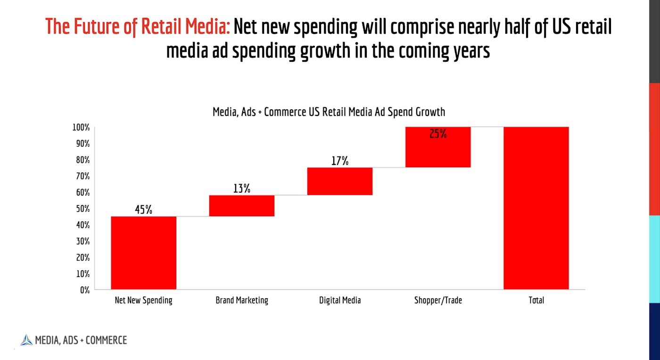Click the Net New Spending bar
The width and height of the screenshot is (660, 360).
tap(143, 253)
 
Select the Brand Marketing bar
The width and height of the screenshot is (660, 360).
tap(241, 206)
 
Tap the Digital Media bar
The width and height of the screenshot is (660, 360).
tap(339, 181)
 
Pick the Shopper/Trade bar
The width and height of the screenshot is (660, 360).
tap(437, 147)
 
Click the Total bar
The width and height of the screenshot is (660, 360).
tap(536, 208)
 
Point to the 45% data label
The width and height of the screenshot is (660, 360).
tap(143, 210)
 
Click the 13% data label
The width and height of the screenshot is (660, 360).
tap(241, 189)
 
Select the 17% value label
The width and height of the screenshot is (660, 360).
tap(339, 161)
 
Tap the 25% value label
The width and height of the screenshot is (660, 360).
tap(437, 134)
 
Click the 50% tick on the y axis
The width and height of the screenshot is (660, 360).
tap(82, 209)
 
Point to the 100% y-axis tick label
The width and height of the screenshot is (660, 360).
tap(81, 127)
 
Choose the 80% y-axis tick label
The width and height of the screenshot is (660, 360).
tap(82, 160)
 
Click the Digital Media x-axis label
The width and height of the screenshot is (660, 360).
tap(339, 300)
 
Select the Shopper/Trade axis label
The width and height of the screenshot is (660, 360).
tap(437, 300)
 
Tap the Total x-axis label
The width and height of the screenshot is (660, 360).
tap(536, 300)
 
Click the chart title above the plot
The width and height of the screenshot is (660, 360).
tap(329, 112)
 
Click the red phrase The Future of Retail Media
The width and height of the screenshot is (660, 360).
tap(137, 27)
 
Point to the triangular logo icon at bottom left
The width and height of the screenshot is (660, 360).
tap(26, 340)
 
